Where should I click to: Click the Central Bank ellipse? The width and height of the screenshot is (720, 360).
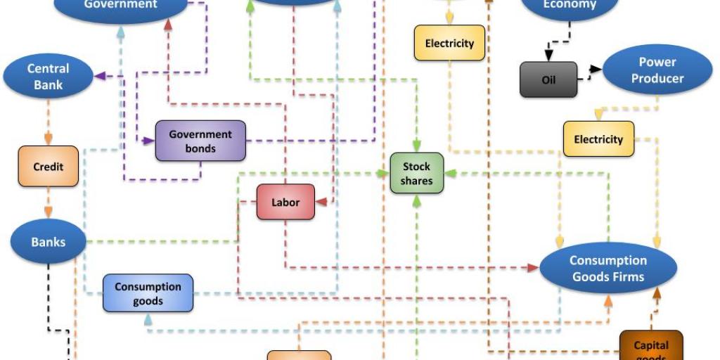pos(49,77)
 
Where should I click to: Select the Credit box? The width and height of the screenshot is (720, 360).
pos(48,167)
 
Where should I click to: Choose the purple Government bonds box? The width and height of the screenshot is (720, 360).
pos(200,141)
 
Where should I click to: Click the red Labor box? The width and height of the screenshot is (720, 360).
pos(285,202)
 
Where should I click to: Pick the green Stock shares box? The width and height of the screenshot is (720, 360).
pos(417,174)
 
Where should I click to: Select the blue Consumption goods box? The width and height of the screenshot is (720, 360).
pos(148,293)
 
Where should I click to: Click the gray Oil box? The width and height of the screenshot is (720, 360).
pos(548,79)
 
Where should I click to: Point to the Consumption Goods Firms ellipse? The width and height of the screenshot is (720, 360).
pos(607,268)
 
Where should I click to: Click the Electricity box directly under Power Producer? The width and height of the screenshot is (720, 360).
pos(598,139)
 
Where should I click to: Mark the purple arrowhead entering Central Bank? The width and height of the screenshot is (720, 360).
pos(99,76)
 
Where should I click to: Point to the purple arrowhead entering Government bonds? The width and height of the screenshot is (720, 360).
pos(149,141)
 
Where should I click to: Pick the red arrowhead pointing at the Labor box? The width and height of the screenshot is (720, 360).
pos(321,202)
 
